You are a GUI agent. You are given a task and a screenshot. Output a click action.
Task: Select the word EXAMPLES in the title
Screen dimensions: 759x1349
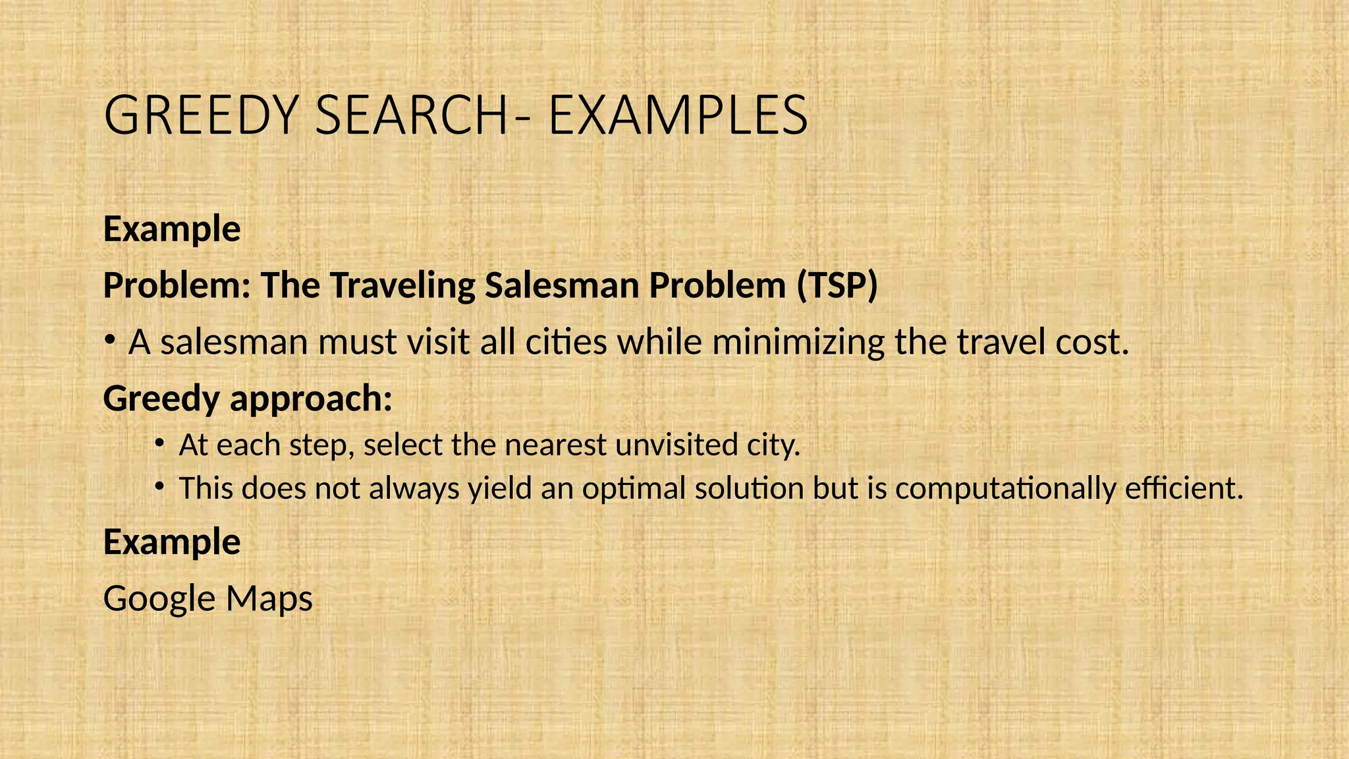click(x=678, y=116)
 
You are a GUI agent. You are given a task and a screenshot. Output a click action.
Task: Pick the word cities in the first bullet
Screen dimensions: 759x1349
click(x=566, y=342)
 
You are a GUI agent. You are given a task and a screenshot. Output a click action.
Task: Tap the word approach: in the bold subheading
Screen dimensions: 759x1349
click(x=310, y=399)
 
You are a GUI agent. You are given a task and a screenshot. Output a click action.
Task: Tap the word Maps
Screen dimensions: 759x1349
click(x=269, y=599)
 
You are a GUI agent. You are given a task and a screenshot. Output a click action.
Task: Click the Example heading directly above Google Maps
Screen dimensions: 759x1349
click(x=172, y=542)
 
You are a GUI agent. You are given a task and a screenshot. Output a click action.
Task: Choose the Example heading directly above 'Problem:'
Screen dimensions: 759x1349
click(x=172, y=229)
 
